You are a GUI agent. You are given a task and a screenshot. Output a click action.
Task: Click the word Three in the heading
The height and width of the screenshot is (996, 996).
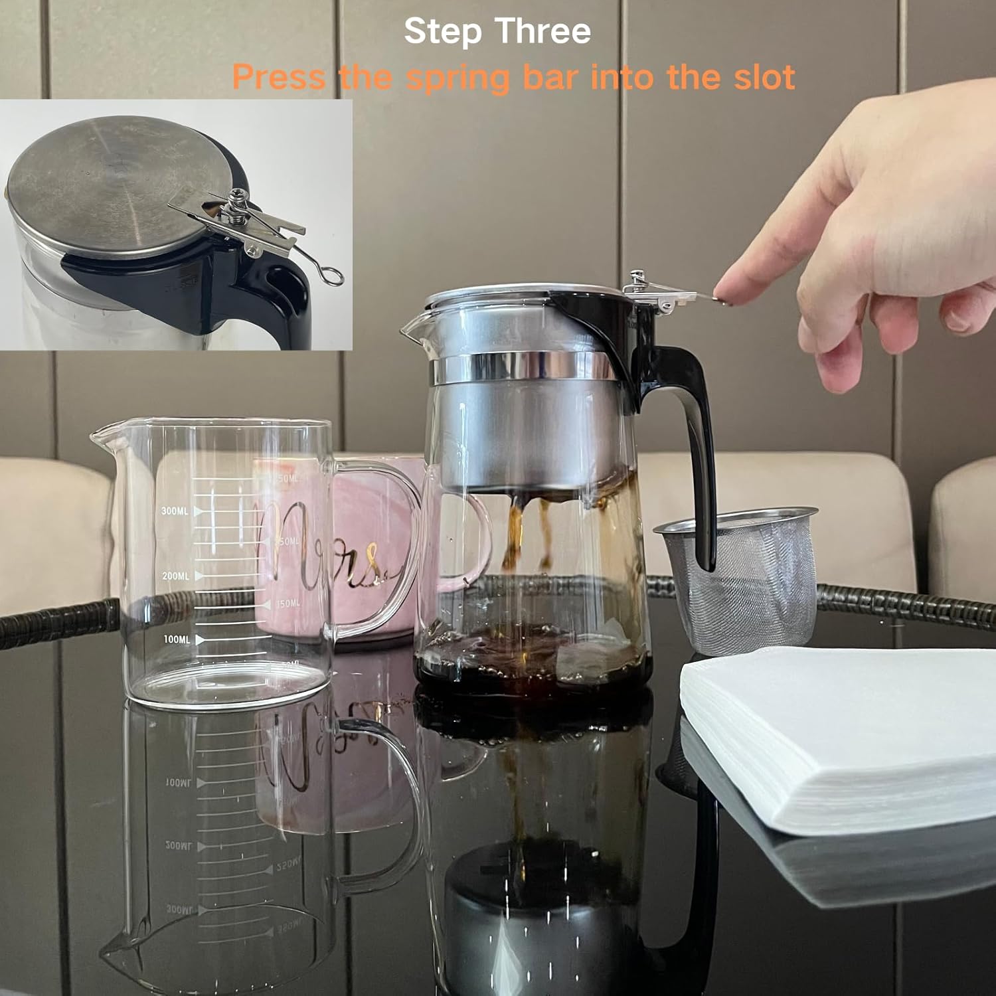coord(542,31)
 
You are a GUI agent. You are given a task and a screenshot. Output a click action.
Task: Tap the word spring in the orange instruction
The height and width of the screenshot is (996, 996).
coord(457,78)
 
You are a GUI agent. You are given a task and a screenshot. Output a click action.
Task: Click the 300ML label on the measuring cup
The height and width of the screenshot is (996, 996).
coord(175,511)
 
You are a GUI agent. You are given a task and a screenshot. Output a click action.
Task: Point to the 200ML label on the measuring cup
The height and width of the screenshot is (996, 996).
coord(175,576)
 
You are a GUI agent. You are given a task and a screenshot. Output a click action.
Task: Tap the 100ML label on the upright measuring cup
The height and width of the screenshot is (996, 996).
coord(176,639)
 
